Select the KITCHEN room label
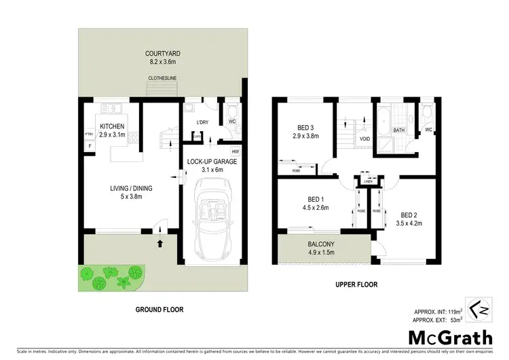point(113,126)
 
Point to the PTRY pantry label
point(89,134)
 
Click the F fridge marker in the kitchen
point(89,145)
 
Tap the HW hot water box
point(235,151)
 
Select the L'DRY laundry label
point(202,122)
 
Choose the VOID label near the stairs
point(364,139)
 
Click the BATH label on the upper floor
point(398,130)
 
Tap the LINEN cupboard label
point(368,181)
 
